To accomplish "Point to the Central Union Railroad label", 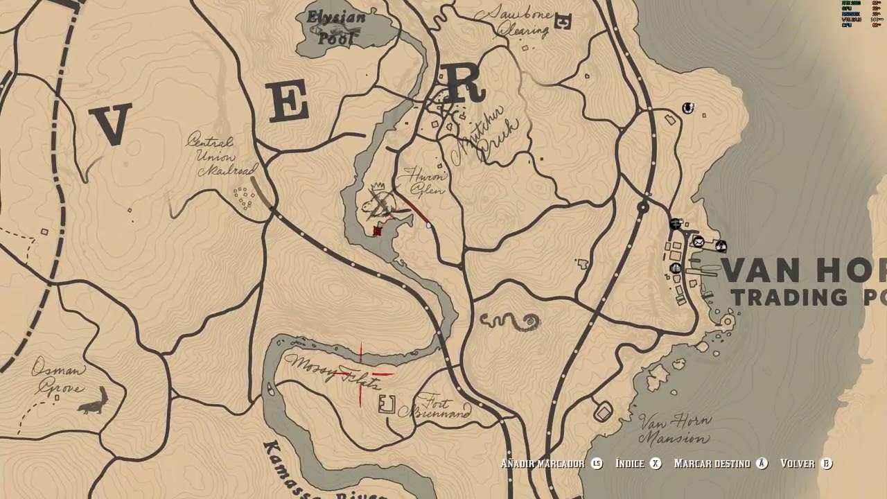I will point(222,157).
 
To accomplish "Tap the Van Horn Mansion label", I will point(674,430).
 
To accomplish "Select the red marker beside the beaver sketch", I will point(377,230).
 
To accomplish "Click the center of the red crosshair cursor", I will point(361,374).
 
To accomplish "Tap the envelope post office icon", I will point(699,242).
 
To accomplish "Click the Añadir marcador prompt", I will point(552,464).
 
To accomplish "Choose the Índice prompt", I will point(638,464).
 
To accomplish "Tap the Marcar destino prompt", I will point(721,464).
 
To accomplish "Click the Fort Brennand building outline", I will point(387,403).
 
